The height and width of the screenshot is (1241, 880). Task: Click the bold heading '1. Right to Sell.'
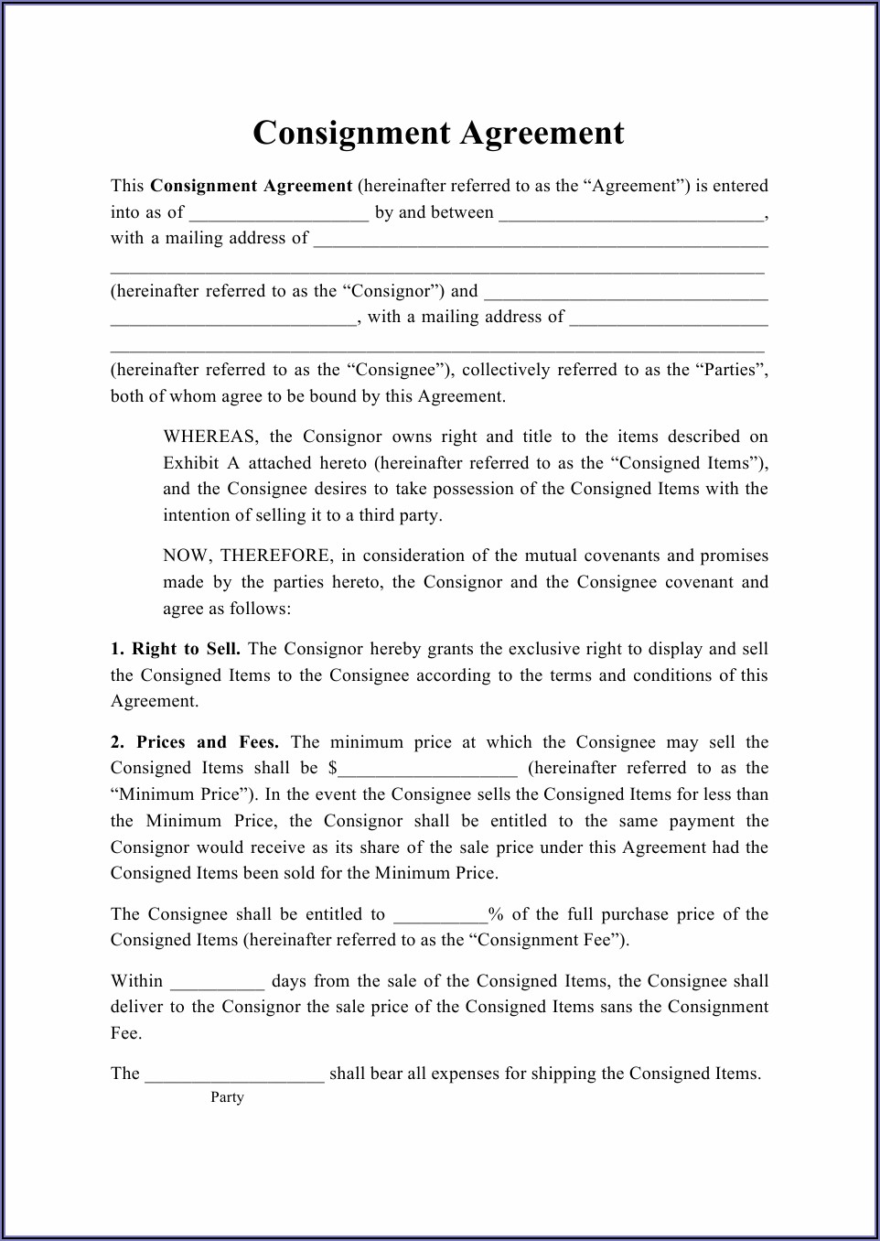tap(176, 649)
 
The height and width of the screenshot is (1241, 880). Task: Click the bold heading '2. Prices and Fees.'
tap(195, 742)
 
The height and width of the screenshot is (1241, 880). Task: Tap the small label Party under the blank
tap(227, 1097)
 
